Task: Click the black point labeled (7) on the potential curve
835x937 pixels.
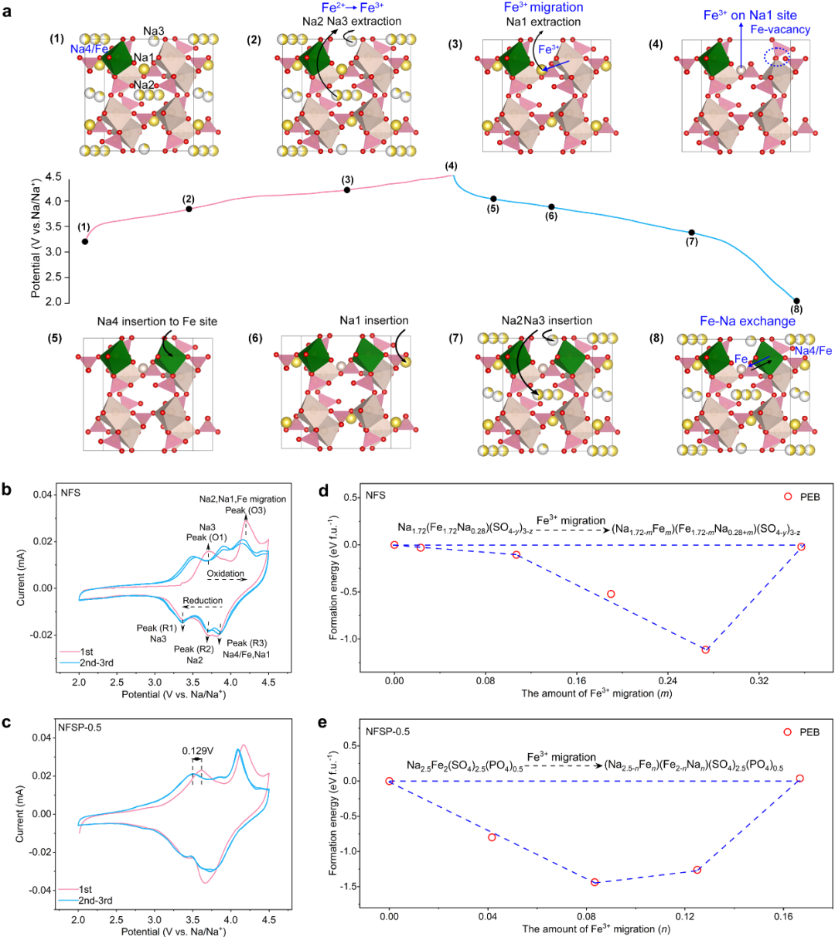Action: tap(691, 233)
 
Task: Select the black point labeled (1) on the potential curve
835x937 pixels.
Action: tap(85, 242)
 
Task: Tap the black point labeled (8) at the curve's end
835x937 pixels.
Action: tap(796, 301)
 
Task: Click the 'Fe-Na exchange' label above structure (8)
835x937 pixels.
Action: tap(736, 321)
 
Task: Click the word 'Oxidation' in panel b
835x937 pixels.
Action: tap(226, 574)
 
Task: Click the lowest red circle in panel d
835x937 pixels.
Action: tap(705, 649)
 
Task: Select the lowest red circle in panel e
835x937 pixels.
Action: tap(595, 882)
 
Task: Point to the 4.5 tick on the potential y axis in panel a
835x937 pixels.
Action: tap(53, 177)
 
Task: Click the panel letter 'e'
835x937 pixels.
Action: tap(325, 724)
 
